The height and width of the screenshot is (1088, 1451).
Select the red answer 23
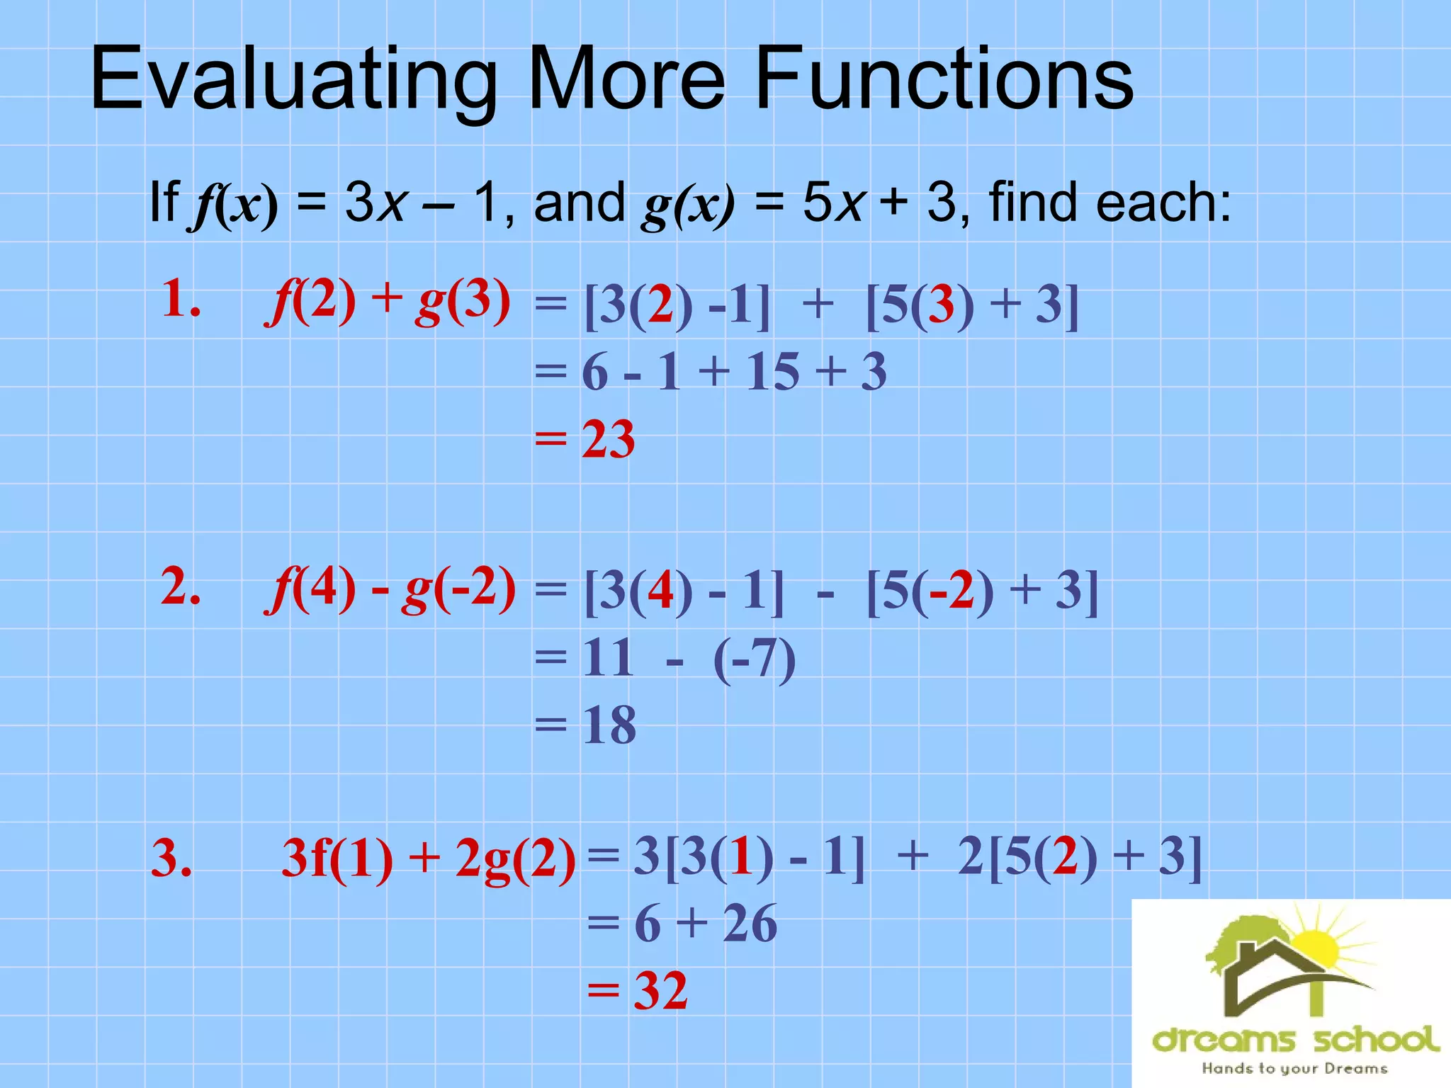[608, 440]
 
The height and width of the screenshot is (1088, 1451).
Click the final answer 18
[609, 725]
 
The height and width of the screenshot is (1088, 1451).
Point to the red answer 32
[660, 991]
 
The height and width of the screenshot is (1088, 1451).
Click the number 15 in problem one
[772, 372]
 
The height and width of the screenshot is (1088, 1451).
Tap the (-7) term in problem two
[755, 659]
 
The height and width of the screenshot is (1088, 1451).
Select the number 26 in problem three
[750, 924]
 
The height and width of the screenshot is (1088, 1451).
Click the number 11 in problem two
[607, 658]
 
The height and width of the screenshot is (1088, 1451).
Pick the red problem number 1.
[181, 298]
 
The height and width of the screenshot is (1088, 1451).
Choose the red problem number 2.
[181, 587]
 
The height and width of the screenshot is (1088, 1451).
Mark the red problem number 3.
[171, 858]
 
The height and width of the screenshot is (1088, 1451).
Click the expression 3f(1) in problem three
[337, 859]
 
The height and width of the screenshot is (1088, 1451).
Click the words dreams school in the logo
[1295, 1040]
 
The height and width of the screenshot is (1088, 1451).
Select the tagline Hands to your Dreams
[1294, 1068]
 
